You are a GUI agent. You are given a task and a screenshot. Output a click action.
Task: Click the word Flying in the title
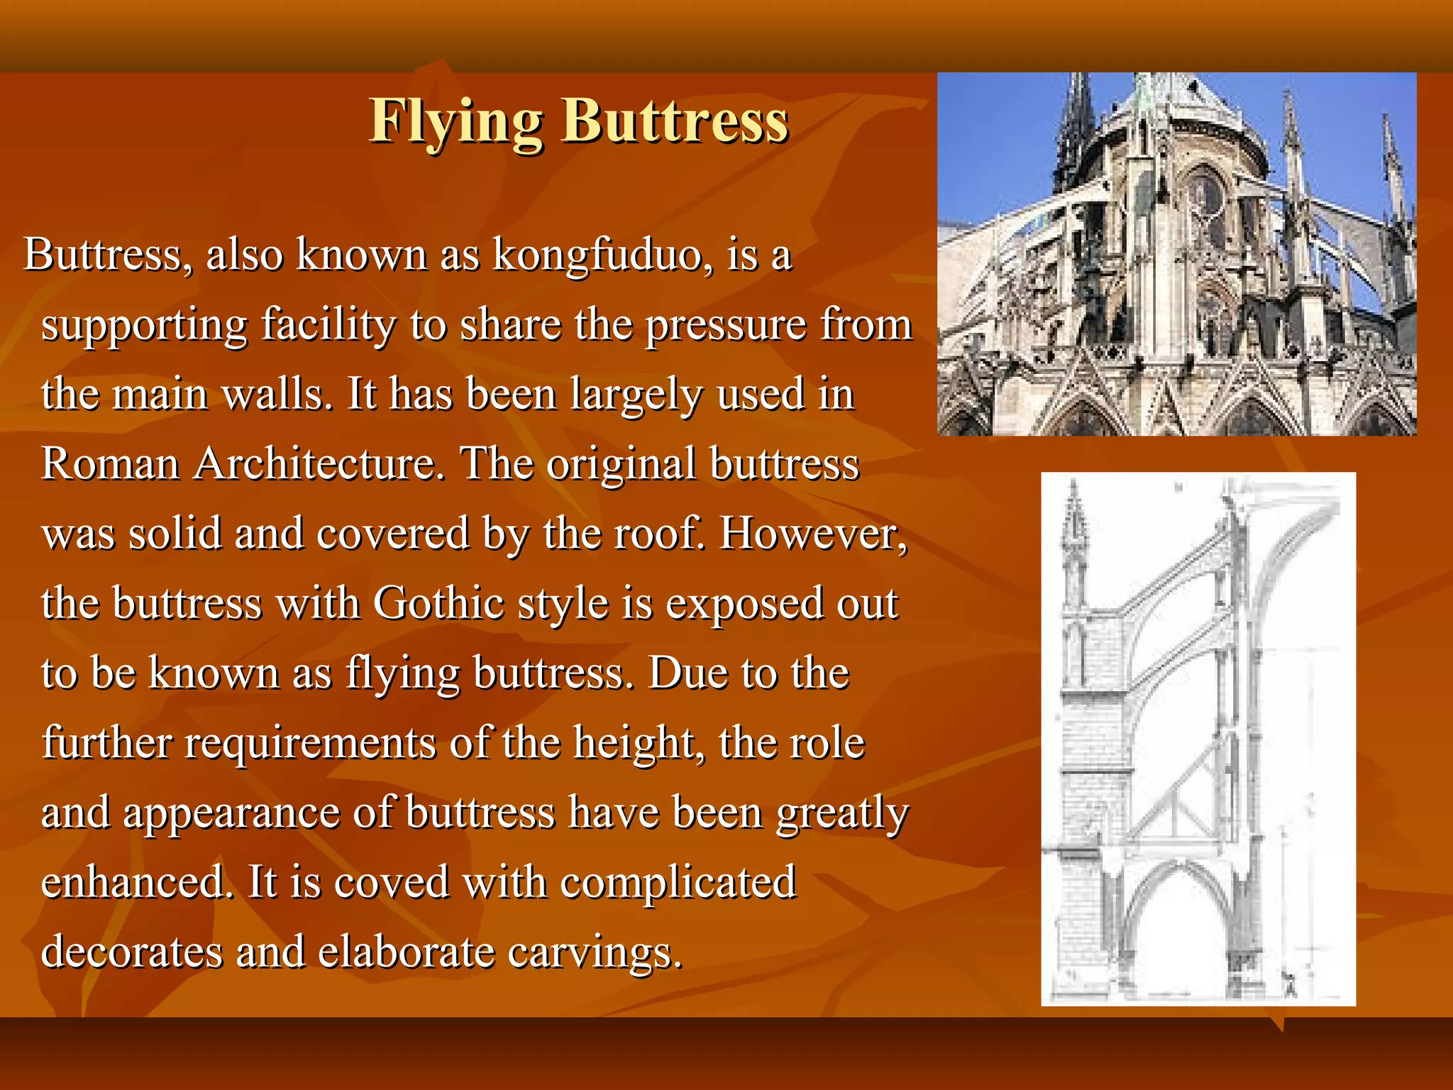pyautogui.click(x=456, y=121)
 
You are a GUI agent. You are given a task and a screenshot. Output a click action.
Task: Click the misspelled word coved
pyautogui.click(x=391, y=881)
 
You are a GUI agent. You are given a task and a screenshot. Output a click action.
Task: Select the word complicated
pyautogui.click(x=678, y=881)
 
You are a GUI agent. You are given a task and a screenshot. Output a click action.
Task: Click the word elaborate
pyautogui.click(x=405, y=952)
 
